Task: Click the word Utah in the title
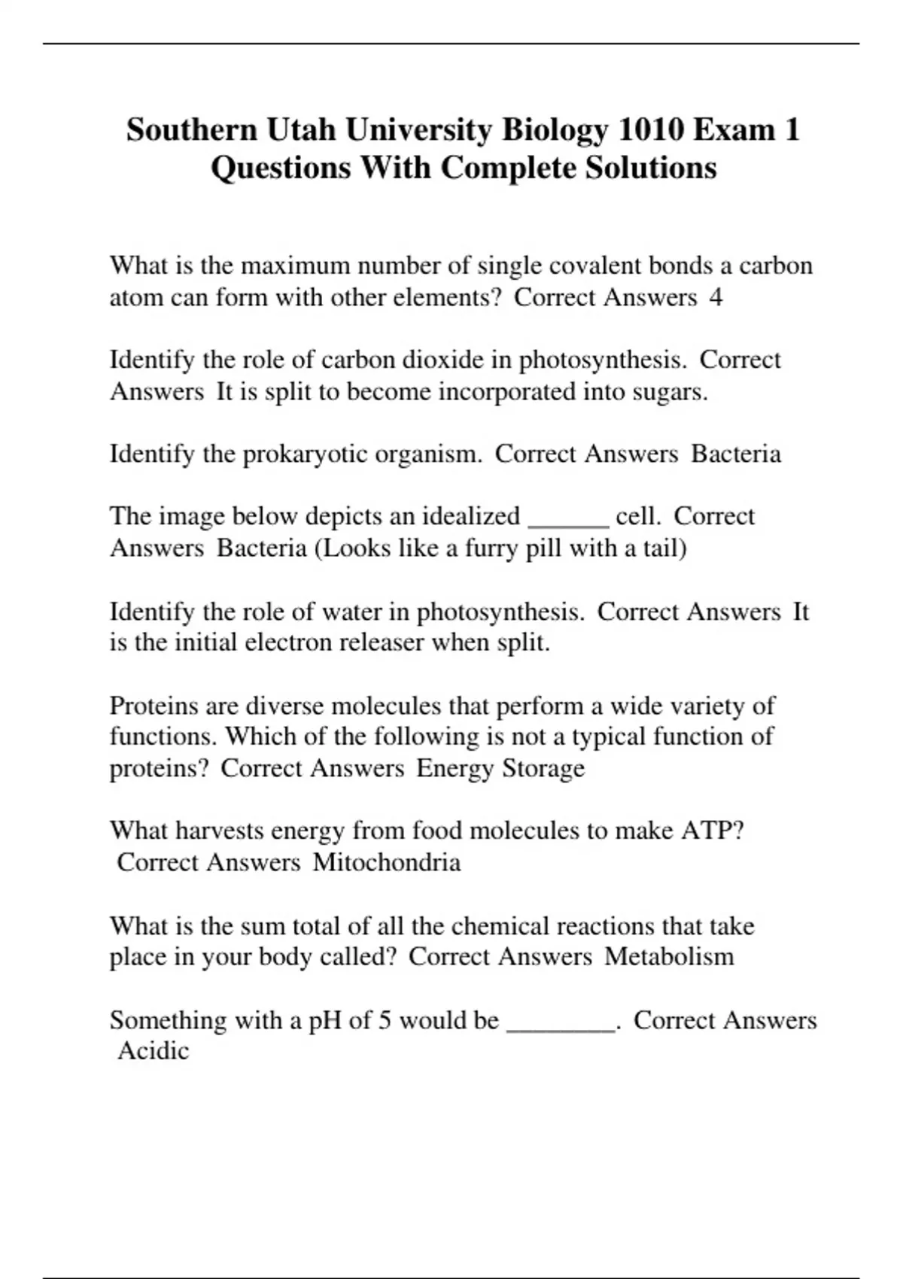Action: pos(299,130)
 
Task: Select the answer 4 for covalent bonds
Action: pos(716,298)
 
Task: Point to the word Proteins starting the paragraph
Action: pos(154,706)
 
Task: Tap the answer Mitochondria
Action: pos(386,862)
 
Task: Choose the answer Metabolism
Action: pos(669,957)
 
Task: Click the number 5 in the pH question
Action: pos(385,1021)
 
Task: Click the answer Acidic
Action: pos(154,1051)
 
